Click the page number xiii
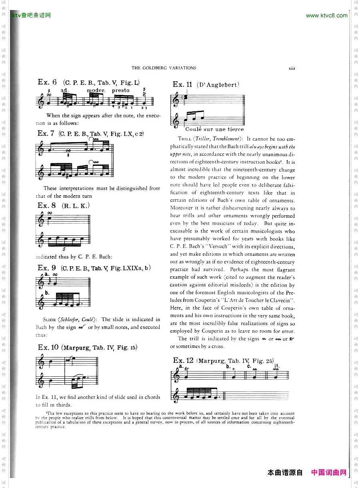click(292, 68)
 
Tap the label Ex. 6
click(47, 82)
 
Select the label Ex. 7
click(46, 133)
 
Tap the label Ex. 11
click(182, 84)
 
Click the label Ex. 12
click(183, 360)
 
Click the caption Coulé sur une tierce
click(214, 129)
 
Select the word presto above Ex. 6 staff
click(120, 90)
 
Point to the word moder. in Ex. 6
click(96, 90)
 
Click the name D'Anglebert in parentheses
click(218, 84)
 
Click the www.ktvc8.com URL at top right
click(326, 16)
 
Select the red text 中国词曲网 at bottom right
click(329, 473)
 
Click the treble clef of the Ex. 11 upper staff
click(176, 100)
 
